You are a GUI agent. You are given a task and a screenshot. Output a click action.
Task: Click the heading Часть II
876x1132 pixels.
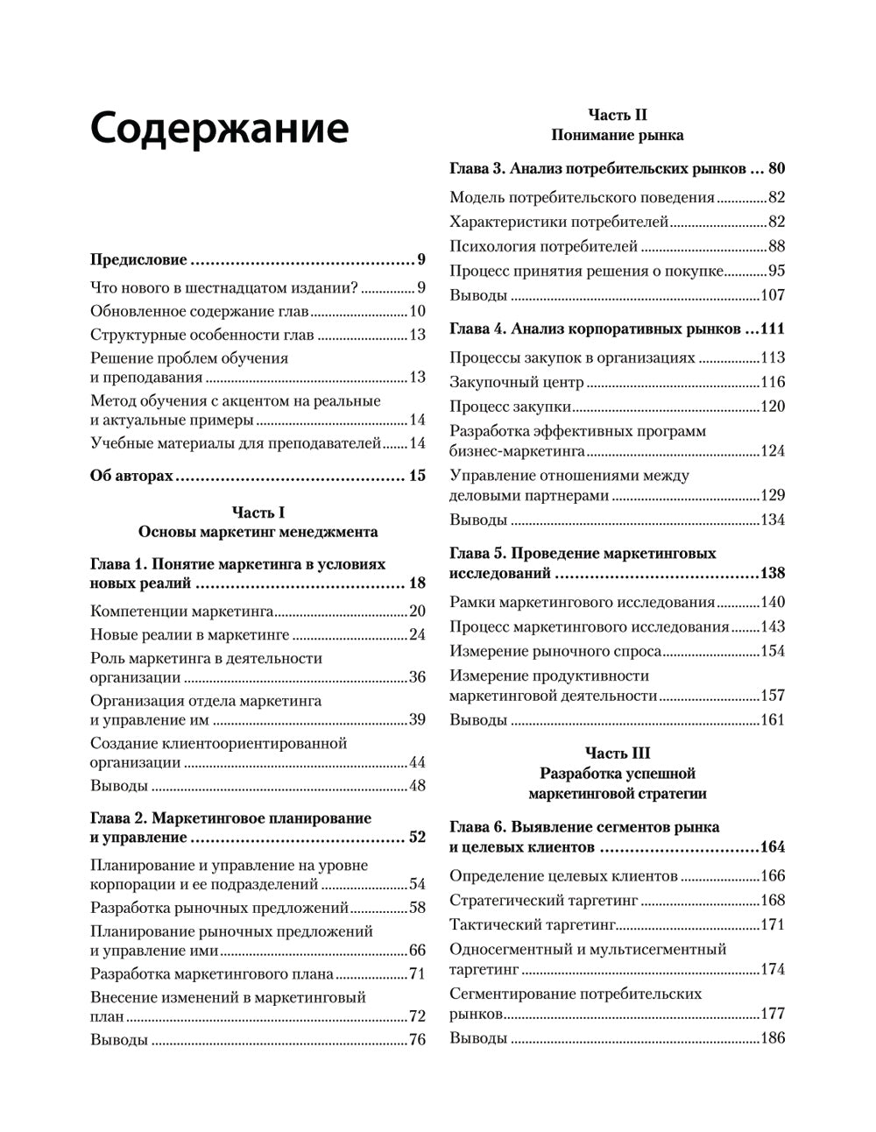(x=617, y=115)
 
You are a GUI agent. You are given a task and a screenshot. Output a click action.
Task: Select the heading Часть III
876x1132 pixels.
(x=617, y=753)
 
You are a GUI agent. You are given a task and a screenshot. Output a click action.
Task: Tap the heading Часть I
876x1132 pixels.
(x=258, y=512)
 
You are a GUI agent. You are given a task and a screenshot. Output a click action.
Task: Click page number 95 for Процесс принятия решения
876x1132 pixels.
(x=775, y=271)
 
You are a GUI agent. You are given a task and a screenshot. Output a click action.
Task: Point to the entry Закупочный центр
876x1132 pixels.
(x=516, y=382)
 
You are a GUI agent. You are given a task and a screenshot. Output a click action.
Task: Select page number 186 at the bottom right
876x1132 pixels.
(x=772, y=1038)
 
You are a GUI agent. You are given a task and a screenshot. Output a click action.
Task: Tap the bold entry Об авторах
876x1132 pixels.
(x=131, y=476)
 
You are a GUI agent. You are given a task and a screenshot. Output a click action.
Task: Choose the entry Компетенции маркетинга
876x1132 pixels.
(x=182, y=611)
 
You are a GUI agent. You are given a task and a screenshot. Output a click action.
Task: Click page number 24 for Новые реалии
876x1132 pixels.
(x=416, y=635)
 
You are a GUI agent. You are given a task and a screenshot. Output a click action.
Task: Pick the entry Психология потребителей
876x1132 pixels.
(x=543, y=246)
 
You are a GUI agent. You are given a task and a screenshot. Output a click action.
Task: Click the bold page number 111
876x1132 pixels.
(x=772, y=329)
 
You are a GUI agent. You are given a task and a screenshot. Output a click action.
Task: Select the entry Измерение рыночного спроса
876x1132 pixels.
(x=555, y=651)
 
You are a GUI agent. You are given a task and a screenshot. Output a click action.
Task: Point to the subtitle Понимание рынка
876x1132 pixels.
(x=617, y=136)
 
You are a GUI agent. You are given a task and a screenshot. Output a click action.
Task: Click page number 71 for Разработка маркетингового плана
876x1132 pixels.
(x=416, y=973)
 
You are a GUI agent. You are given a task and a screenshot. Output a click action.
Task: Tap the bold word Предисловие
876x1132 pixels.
(x=138, y=259)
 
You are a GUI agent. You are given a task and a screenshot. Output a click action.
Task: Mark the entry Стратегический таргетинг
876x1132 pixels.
(x=543, y=900)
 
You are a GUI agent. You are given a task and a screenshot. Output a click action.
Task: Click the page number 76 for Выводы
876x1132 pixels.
(x=416, y=1040)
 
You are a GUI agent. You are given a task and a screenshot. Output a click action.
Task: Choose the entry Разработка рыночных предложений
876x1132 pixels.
(x=219, y=908)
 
